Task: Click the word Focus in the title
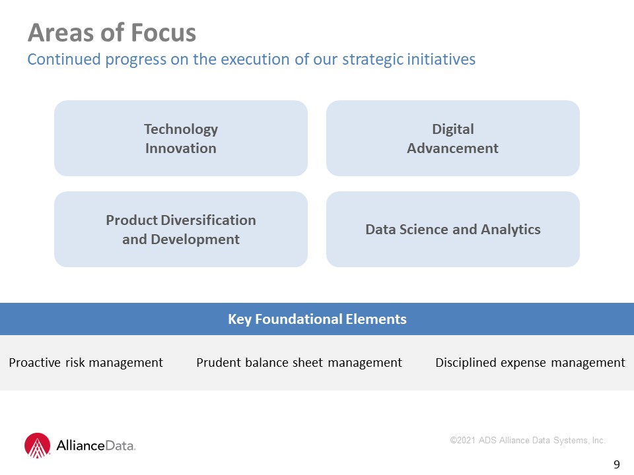(x=163, y=33)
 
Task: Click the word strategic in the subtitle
(x=372, y=60)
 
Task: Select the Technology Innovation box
(x=181, y=138)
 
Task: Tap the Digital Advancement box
(x=453, y=138)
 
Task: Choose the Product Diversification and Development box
(x=181, y=229)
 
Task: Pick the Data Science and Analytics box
(x=453, y=229)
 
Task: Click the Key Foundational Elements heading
(x=317, y=319)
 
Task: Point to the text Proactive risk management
(x=86, y=363)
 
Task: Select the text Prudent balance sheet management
(x=299, y=363)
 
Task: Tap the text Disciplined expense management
(x=530, y=363)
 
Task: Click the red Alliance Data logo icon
(x=37, y=445)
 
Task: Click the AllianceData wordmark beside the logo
(x=96, y=445)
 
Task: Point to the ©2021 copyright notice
(x=528, y=440)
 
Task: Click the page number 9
(x=617, y=464)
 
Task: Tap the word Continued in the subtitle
(x=64, y=59)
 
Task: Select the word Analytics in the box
(x=511, y=230)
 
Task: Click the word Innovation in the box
(x=181, y=148)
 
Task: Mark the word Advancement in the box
(x=453, y=148)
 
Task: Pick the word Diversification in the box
(x=208, y=220)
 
